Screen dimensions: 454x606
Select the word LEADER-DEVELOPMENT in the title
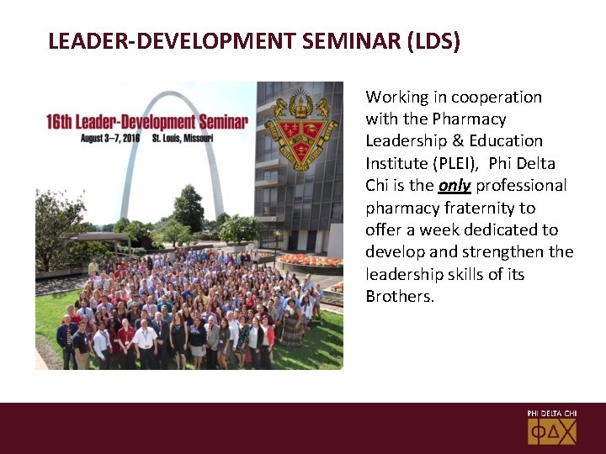(x=169, y=41)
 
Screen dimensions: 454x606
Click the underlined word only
(x=454, y=186)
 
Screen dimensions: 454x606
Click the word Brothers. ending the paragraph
(x=400, y=296)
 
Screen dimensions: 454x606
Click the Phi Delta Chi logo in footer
(x=552, y=428)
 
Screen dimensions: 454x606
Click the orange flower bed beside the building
(x=311, y=260)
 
